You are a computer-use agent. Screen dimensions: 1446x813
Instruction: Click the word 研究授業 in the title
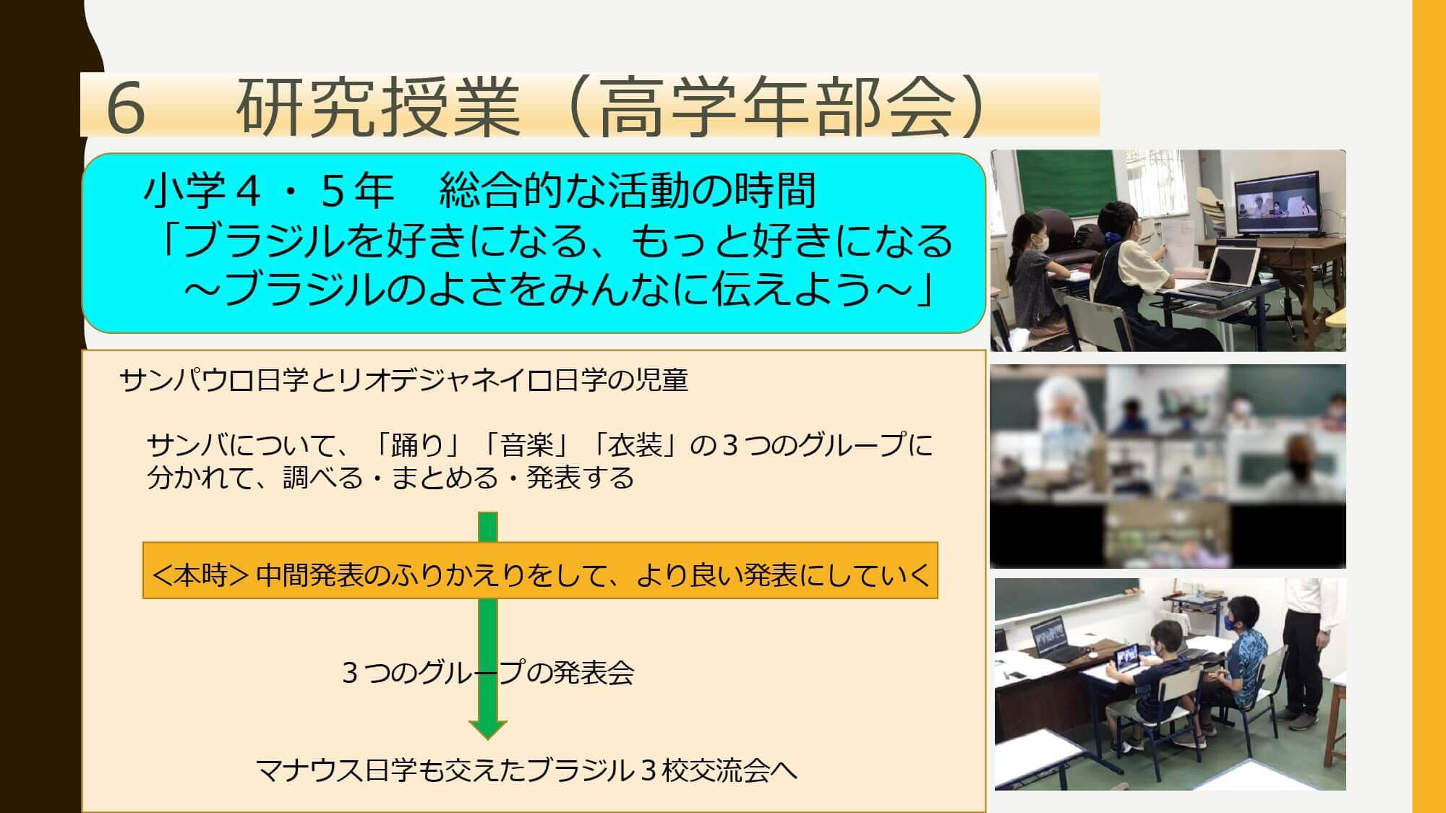(378, 108)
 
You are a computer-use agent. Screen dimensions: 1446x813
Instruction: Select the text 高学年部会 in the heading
(774, 108)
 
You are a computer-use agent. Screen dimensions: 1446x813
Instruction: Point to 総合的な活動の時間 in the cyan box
(628, 192)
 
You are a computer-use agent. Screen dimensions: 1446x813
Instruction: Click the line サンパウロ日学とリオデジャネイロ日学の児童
(404, 380)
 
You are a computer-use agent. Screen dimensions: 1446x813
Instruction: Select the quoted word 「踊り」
(418, 445)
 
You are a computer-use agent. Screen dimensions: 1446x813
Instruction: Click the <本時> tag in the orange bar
(201, 575)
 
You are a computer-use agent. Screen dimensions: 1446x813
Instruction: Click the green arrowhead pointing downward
(488, 729)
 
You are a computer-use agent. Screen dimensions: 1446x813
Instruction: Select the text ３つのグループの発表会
(488, 673)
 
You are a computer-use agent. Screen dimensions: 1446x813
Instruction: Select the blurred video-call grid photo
(1168, 467)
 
